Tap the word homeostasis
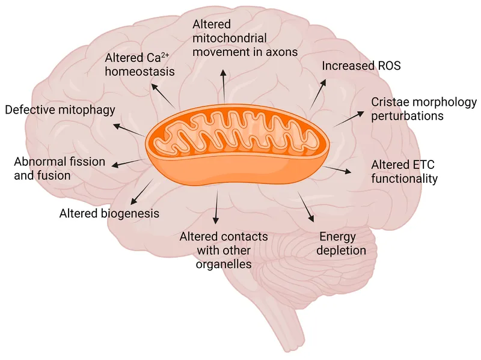tap(139, 72)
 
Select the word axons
tap(282, 52)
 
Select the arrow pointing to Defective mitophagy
tap(128, 130)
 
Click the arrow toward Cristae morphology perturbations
tap(349, 118)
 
